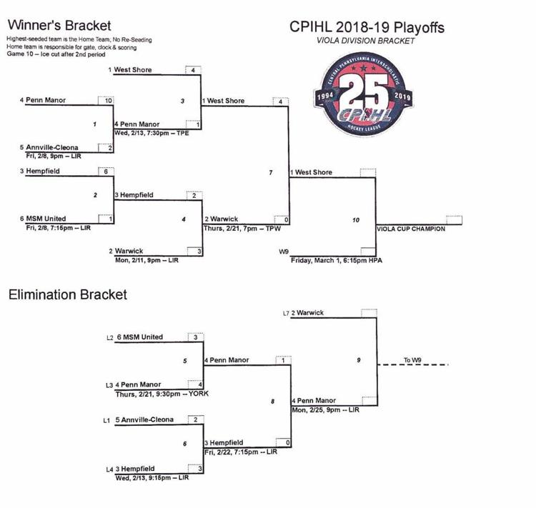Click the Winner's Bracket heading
[59, 26]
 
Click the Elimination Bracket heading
[68, 294]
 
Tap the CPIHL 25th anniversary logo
[363, 94]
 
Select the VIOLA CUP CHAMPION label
[411, 229]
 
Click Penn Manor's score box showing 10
[106, 101]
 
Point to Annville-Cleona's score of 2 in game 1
[106, 148]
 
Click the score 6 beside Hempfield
[106, 171]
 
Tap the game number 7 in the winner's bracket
[271, 173]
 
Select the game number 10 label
[356, 220]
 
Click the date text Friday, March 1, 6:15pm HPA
[337, 261]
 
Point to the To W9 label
[412, 360]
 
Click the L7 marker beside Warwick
[286, 313]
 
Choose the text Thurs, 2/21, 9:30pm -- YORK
[162, 394]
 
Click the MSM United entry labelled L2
[140, 337]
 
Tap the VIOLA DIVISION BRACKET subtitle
[365, 41]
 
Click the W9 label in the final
[284, 251]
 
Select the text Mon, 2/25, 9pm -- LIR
[325, 409]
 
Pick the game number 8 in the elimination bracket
[272, 402]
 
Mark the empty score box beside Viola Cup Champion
[455, 220]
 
